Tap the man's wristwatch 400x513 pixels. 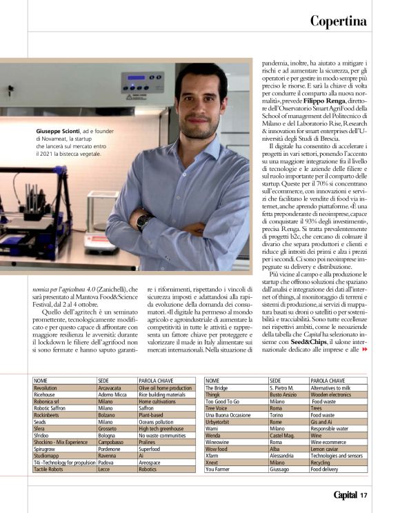pos(143,221)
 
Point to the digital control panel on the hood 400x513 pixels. pos(142,83)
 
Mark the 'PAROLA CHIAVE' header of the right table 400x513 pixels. pos(327,380)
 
